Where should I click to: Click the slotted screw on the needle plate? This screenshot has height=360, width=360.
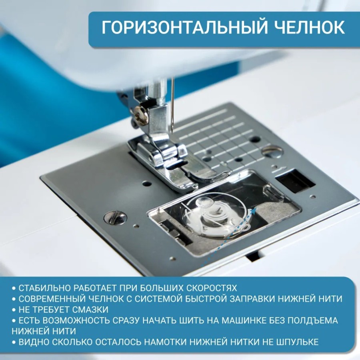[115, 217]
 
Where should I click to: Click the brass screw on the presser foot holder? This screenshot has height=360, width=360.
[141, 116]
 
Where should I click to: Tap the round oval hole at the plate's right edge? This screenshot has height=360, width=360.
[273, 152]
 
